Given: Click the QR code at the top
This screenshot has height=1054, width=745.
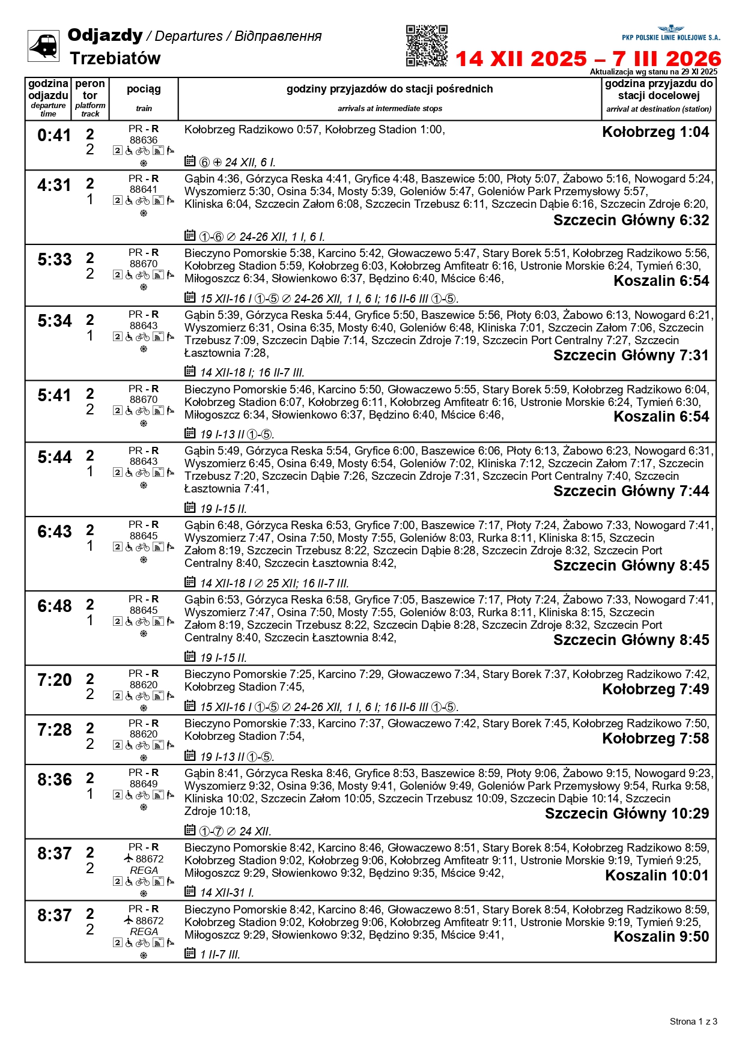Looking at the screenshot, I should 427,46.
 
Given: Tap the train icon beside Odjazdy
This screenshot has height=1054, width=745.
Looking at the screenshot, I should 43,46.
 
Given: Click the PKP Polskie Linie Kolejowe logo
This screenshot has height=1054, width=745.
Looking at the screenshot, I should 670,33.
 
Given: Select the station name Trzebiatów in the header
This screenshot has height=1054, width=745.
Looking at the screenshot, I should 115,59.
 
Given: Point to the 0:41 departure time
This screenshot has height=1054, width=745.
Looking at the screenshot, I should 54,136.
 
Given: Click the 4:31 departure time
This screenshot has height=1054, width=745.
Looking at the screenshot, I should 54,186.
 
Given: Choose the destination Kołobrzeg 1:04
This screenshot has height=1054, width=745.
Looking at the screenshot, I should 655,132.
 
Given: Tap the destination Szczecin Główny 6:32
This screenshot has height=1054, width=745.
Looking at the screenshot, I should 631,220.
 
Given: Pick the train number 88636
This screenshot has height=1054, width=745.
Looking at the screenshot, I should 144,140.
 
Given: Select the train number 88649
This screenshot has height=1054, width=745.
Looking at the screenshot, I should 144,784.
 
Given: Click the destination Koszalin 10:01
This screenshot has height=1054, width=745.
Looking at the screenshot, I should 657,876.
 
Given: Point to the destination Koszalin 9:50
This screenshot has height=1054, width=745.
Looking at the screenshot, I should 661,937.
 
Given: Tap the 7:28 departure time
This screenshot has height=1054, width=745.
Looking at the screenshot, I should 54,730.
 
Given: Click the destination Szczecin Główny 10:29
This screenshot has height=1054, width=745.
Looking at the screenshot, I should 627,814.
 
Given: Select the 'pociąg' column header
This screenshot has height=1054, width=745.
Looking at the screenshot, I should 144,89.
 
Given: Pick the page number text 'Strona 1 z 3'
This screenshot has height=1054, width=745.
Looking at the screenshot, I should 693,1021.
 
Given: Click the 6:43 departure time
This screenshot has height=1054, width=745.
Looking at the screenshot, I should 54,532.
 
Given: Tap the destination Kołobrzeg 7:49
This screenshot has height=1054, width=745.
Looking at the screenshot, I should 655,689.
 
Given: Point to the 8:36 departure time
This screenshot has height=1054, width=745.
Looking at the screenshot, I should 54,780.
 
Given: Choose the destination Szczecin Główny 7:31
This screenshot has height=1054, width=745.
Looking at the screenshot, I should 631,356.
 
